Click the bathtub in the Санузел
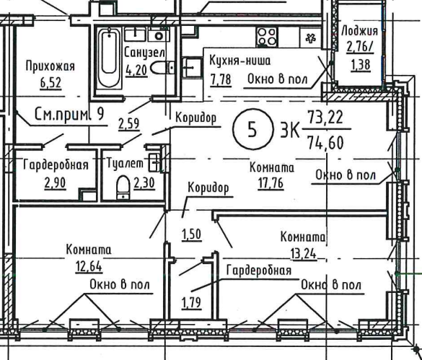109,58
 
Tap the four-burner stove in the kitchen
267,37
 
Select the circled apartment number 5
252,130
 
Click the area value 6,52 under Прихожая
51,83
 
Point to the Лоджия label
359,31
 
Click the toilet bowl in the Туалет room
123,188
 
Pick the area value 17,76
271,183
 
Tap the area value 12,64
89,266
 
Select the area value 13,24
303,254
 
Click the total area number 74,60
326,143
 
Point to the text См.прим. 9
69,115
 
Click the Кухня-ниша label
239,61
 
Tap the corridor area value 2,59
129,124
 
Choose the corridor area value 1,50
192,234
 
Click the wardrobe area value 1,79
192,303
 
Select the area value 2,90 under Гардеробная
55,183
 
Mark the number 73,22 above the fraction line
325,117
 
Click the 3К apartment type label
289,131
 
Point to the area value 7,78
221,80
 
